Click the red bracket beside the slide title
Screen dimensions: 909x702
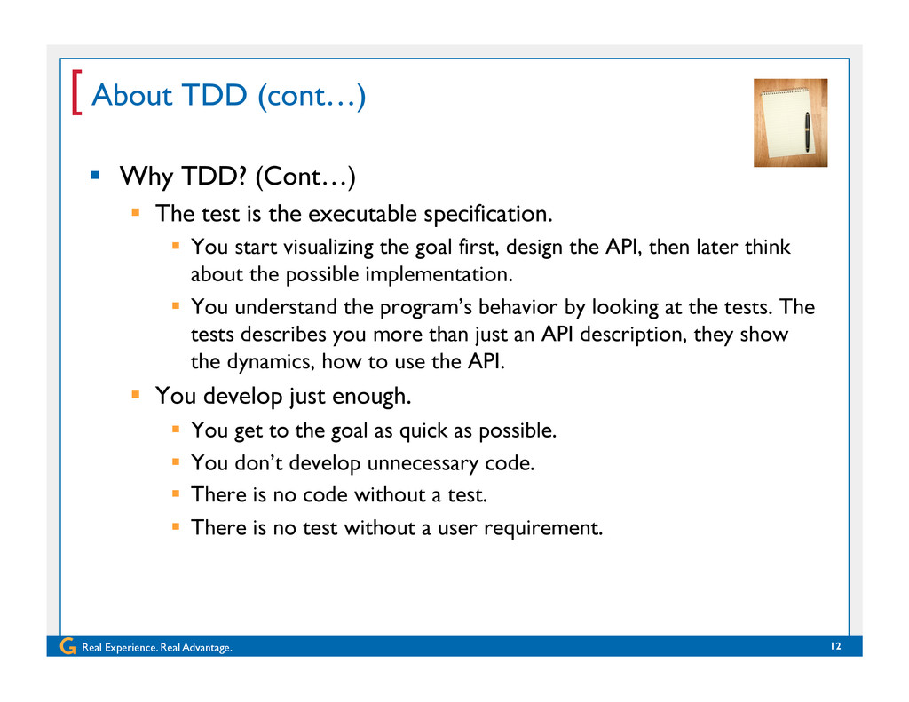tap(76, 92)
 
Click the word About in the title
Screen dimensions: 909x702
tap(132, 95)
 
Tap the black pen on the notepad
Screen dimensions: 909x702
tap(807, 132)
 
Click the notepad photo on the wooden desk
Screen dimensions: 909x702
tap(790, 122)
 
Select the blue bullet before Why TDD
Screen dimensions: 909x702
tap(96, 175)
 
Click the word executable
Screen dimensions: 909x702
tap(362, 214)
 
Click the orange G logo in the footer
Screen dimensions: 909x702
tap(67, 646)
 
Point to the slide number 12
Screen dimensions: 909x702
tap(835, 646)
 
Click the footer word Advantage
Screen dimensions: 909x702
tap(207, 648)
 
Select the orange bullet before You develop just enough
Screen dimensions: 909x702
tap(136, 395)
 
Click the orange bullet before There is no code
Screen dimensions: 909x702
tap(176, 494)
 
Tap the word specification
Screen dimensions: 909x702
tap(488, 215)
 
